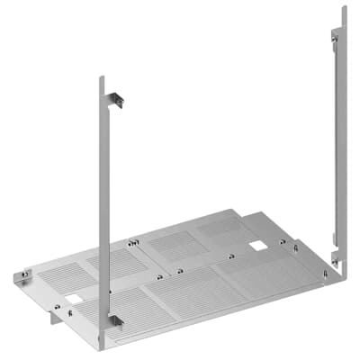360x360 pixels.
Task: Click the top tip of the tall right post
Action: (x=344, y=8)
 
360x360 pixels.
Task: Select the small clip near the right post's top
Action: (x=335, y=35)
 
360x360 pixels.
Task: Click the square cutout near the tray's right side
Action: (x=258, y=245)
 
